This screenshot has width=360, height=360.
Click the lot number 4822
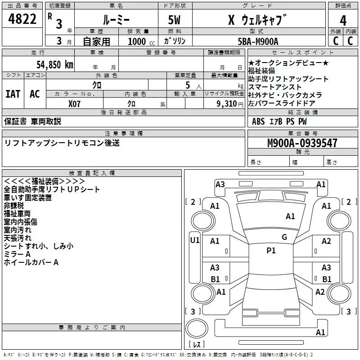point(22,19)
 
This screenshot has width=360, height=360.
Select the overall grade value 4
point(343,21)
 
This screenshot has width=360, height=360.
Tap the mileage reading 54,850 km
point(55,65)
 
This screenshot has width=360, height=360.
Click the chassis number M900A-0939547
point(302,143)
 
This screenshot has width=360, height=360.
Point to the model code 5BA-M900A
point(258,41)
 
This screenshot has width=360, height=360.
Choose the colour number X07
point(74,104)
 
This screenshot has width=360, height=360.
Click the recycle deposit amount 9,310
point(227,104)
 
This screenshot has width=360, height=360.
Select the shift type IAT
point(13,94)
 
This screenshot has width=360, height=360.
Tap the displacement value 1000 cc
point(141,41)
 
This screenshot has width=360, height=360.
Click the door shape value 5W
point(174,20)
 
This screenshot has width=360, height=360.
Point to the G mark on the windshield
point(284,237)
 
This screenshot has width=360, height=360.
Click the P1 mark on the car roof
point(271,251)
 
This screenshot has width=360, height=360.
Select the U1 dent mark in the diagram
point(195,240)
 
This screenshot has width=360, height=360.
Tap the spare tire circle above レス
point(197,328)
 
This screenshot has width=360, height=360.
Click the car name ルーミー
point(116,20)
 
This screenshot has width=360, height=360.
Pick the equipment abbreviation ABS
point(258,121)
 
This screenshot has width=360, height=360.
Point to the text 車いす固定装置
point(27,198)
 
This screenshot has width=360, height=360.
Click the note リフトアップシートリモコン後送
point(62,143)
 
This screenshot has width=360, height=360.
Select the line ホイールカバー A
point(31,262)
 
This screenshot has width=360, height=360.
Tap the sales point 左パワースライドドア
point(282,103)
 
